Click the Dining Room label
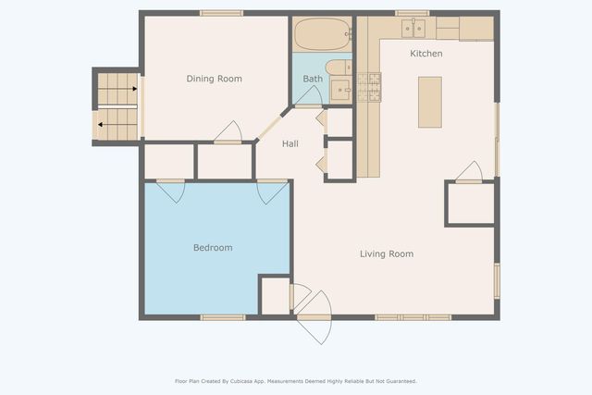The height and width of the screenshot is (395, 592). tap(214, 79)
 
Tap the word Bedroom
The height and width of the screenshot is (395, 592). tap(213, 248)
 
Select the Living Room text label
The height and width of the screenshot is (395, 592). tap(387, 254)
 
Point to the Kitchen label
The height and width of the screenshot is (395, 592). tap(426, 54)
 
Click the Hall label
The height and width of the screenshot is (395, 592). tap(290, 143)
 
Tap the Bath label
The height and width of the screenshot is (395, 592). tap(313, 79)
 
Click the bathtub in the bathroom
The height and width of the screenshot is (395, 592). tap(323, 34)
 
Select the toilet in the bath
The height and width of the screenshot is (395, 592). tap(339, 68)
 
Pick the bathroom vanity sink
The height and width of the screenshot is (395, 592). tap(341, 90)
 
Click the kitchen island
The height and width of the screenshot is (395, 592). tap(430, 103)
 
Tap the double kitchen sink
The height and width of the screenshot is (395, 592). tap(413, 29)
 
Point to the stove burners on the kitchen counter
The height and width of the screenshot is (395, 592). tap(369, 87)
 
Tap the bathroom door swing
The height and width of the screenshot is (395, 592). tap(308, 96)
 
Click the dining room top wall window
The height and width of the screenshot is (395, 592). tap(222, 13)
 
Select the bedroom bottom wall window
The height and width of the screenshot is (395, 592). tap(223, 317)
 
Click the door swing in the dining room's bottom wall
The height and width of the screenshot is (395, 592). tap(228, 132)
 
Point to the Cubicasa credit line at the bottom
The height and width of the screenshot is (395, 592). tap(296, 381)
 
